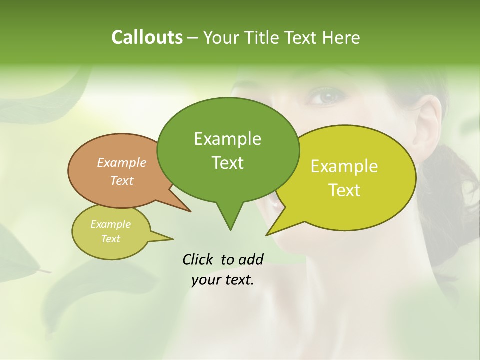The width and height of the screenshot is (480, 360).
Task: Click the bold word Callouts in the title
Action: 147,37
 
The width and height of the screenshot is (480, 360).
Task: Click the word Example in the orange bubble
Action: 122,162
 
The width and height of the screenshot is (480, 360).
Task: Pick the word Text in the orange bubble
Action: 122,180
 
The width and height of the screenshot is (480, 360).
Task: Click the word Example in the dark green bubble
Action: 227,139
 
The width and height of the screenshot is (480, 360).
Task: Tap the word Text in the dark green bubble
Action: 227,163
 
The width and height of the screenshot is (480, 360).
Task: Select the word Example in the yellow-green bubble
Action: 344,166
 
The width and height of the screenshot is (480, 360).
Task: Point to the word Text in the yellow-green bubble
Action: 344,190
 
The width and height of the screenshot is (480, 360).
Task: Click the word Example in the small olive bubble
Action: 111,224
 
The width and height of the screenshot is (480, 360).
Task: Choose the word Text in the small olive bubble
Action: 111,239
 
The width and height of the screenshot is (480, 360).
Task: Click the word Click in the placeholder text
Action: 198,259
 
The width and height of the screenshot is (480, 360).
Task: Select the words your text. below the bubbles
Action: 223,280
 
